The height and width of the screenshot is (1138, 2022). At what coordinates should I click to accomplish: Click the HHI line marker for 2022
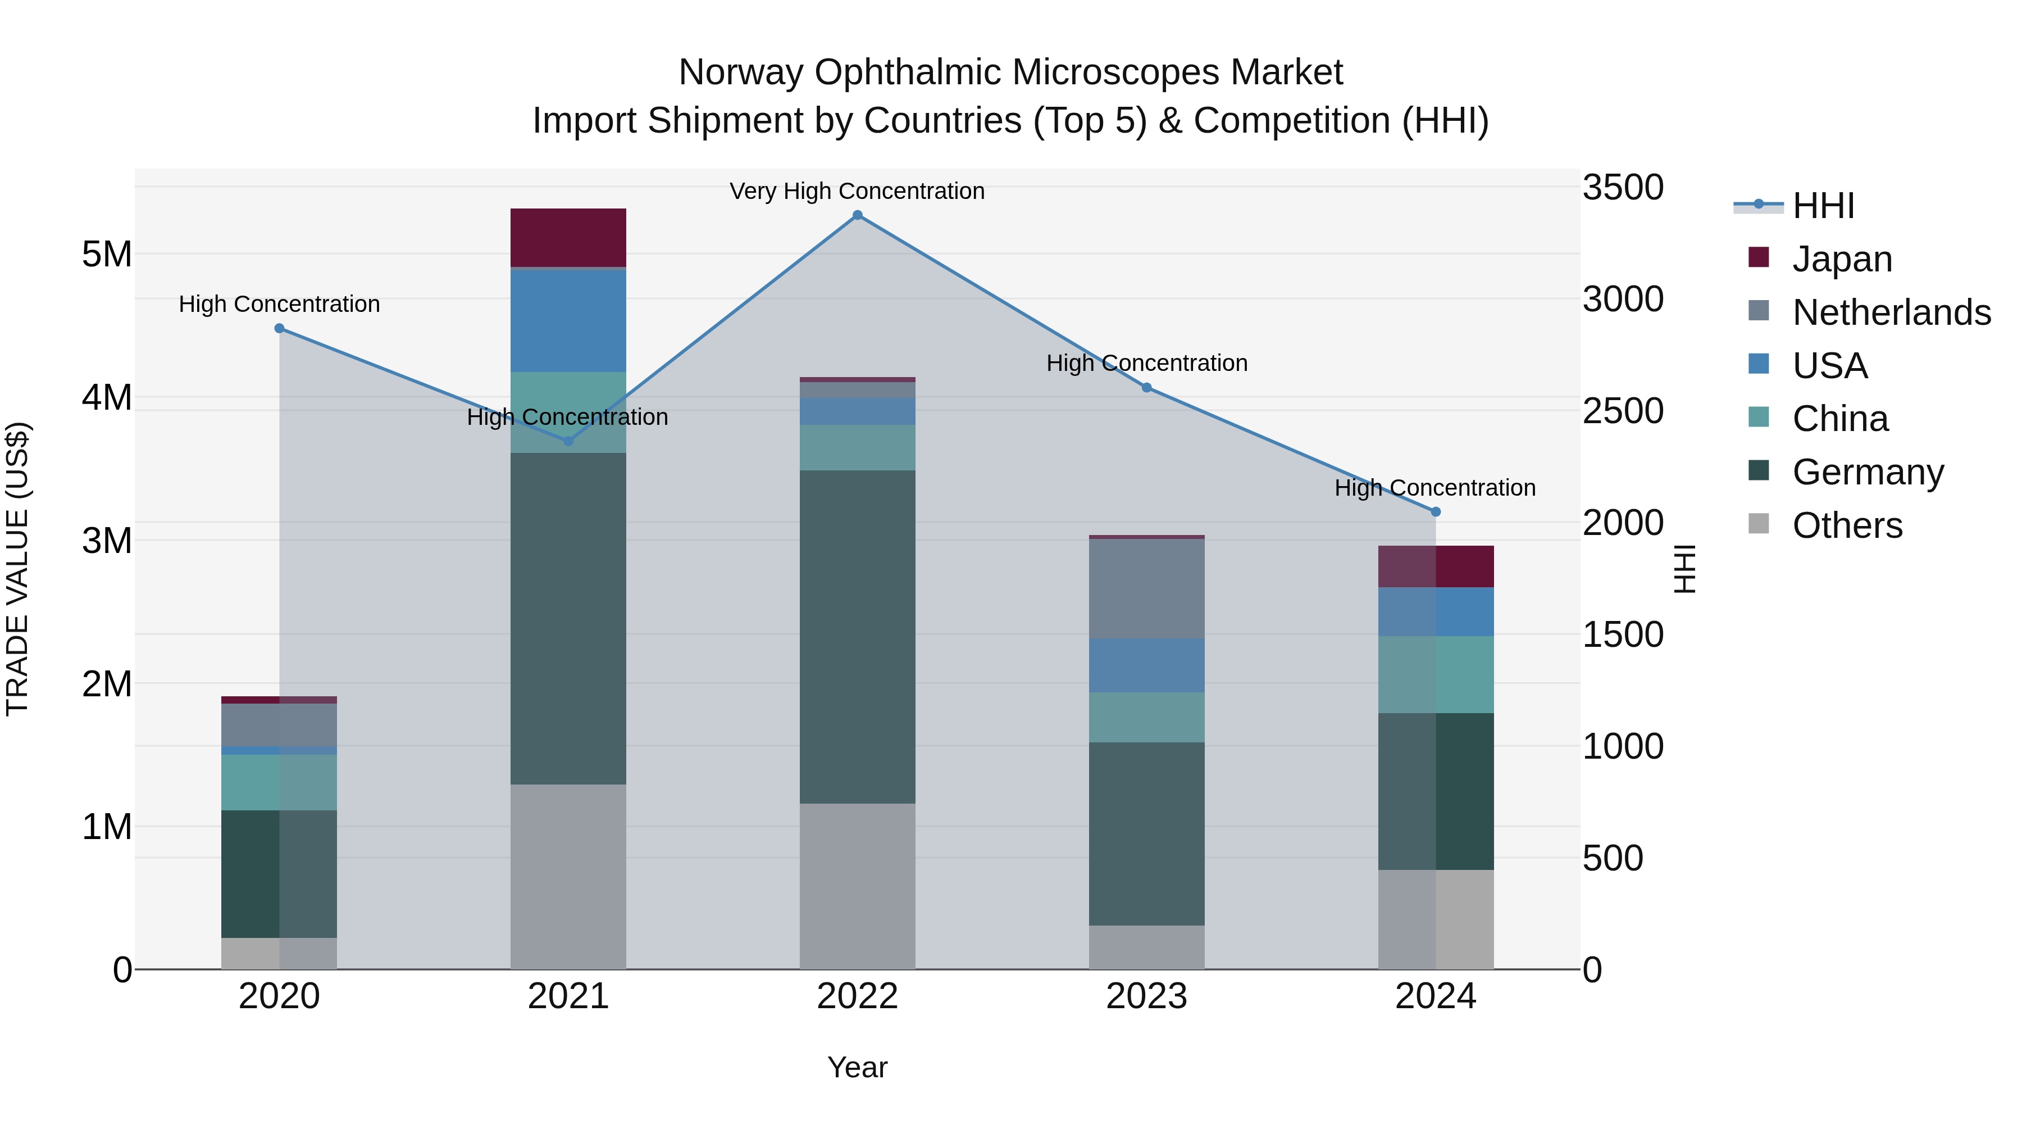pos(857,215)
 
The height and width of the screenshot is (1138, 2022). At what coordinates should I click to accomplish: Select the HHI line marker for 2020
pos(280,328)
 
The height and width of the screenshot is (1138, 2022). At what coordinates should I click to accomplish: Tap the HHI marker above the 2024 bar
pos(1436,512)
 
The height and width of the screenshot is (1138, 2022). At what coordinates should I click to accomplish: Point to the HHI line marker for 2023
pos(1147,388)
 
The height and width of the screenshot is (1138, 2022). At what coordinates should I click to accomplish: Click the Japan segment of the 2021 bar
pos(568,237)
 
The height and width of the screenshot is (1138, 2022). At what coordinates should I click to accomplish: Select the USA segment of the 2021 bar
pos(568,320)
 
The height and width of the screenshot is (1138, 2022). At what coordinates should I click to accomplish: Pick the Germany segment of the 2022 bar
pos(857,636)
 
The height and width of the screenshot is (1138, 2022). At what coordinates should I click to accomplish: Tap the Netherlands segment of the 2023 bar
pos(1147,588)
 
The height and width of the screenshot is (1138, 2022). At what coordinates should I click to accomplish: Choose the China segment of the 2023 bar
pos(1147,717)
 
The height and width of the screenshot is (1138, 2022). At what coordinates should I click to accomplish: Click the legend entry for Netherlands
pos(1891,312)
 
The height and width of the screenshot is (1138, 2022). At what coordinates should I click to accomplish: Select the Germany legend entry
pos(1868,472)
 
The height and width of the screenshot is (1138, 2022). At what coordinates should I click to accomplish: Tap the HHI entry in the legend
pos(1823,206)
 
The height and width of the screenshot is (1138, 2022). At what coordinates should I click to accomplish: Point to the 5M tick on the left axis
pos(107,255)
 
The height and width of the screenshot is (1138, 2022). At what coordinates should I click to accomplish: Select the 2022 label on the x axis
pos(857,996)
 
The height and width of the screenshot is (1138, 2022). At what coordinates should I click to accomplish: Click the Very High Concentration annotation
pos(857,192)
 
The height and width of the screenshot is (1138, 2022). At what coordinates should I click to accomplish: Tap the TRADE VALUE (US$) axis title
pos(17,569)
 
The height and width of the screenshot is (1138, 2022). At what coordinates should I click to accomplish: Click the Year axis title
pos(857,1067)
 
